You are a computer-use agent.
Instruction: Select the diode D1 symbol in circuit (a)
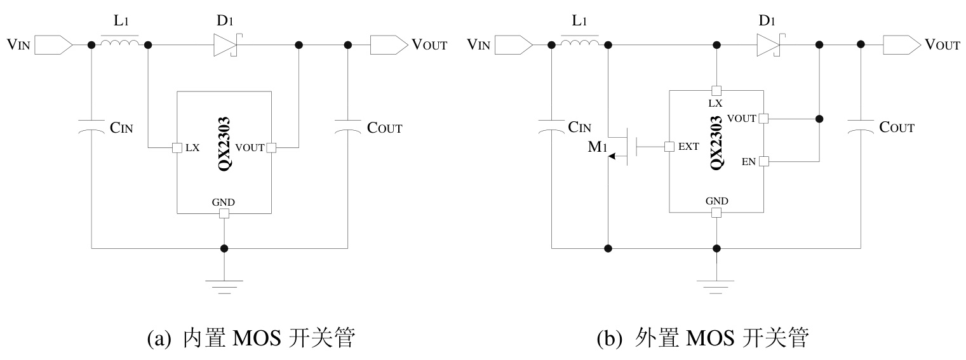(225, 45)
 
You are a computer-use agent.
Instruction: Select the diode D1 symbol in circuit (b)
(767, 45)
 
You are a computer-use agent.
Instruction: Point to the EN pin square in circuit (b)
(763, 161)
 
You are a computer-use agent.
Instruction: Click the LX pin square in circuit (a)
(178, 148)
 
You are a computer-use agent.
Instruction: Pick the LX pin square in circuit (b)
(716, 91)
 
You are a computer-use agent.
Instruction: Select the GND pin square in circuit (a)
(224, 213)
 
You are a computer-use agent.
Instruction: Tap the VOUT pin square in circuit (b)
(763, 118)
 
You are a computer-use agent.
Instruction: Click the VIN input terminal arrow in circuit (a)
(54, 45)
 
